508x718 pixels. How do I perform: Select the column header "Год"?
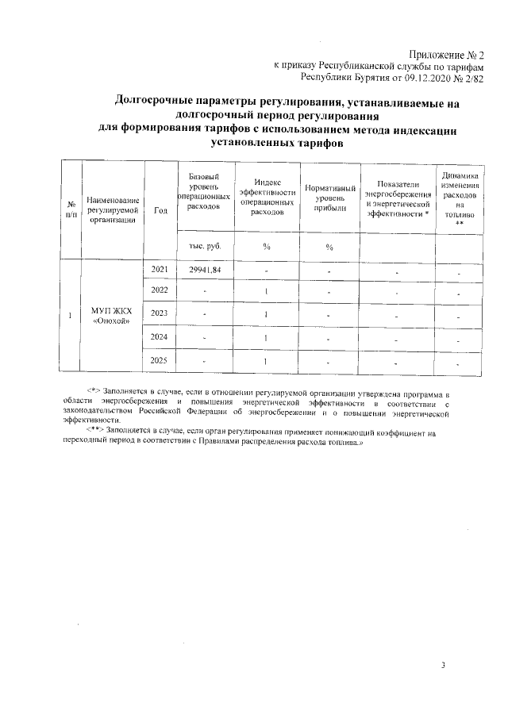(x=161, y=210)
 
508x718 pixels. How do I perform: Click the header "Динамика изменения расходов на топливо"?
(x=459, y=198)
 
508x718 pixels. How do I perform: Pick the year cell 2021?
(x=160, y=271)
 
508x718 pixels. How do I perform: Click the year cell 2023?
(x=160, y=314)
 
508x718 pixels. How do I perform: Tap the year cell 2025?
(x=160, y=361)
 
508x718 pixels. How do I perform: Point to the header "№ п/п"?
(x=71, y=209)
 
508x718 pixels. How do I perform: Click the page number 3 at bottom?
(x=443, y=664)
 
